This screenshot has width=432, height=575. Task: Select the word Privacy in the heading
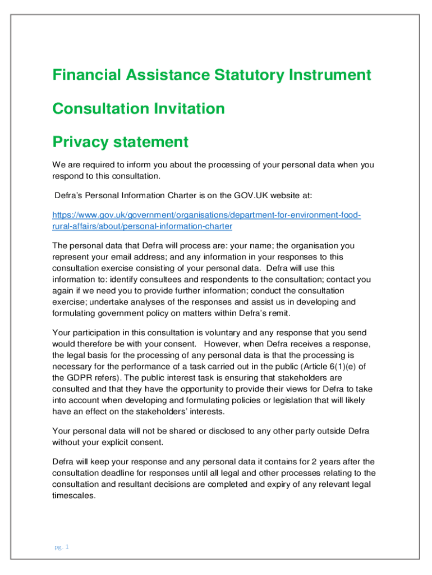coord(81,143)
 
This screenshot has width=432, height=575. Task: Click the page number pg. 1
coord(62,546)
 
